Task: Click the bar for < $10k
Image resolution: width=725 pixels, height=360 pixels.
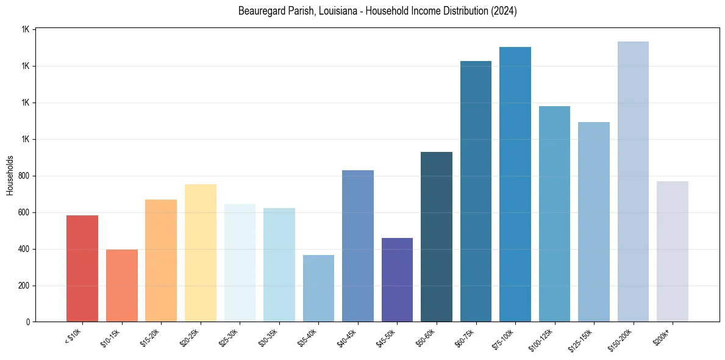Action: (x=82, y=268)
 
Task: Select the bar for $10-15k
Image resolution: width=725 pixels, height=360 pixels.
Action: (x=121, y=286)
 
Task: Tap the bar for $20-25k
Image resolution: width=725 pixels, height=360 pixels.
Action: (x=200, y=253)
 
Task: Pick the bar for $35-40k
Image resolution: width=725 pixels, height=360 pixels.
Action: (x=318, y=288)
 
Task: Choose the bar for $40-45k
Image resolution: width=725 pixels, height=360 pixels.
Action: (x=358, y=246)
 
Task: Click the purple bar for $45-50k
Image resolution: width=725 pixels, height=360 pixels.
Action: (x=397, y=279)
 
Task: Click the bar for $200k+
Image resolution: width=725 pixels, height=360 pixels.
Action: (x=673, y=251)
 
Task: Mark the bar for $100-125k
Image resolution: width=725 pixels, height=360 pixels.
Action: (x=554, y=214)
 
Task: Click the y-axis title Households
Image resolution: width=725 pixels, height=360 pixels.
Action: (x=10, y=176)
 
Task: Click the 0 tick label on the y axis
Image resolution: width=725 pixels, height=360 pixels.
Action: (x=29, y=322)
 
